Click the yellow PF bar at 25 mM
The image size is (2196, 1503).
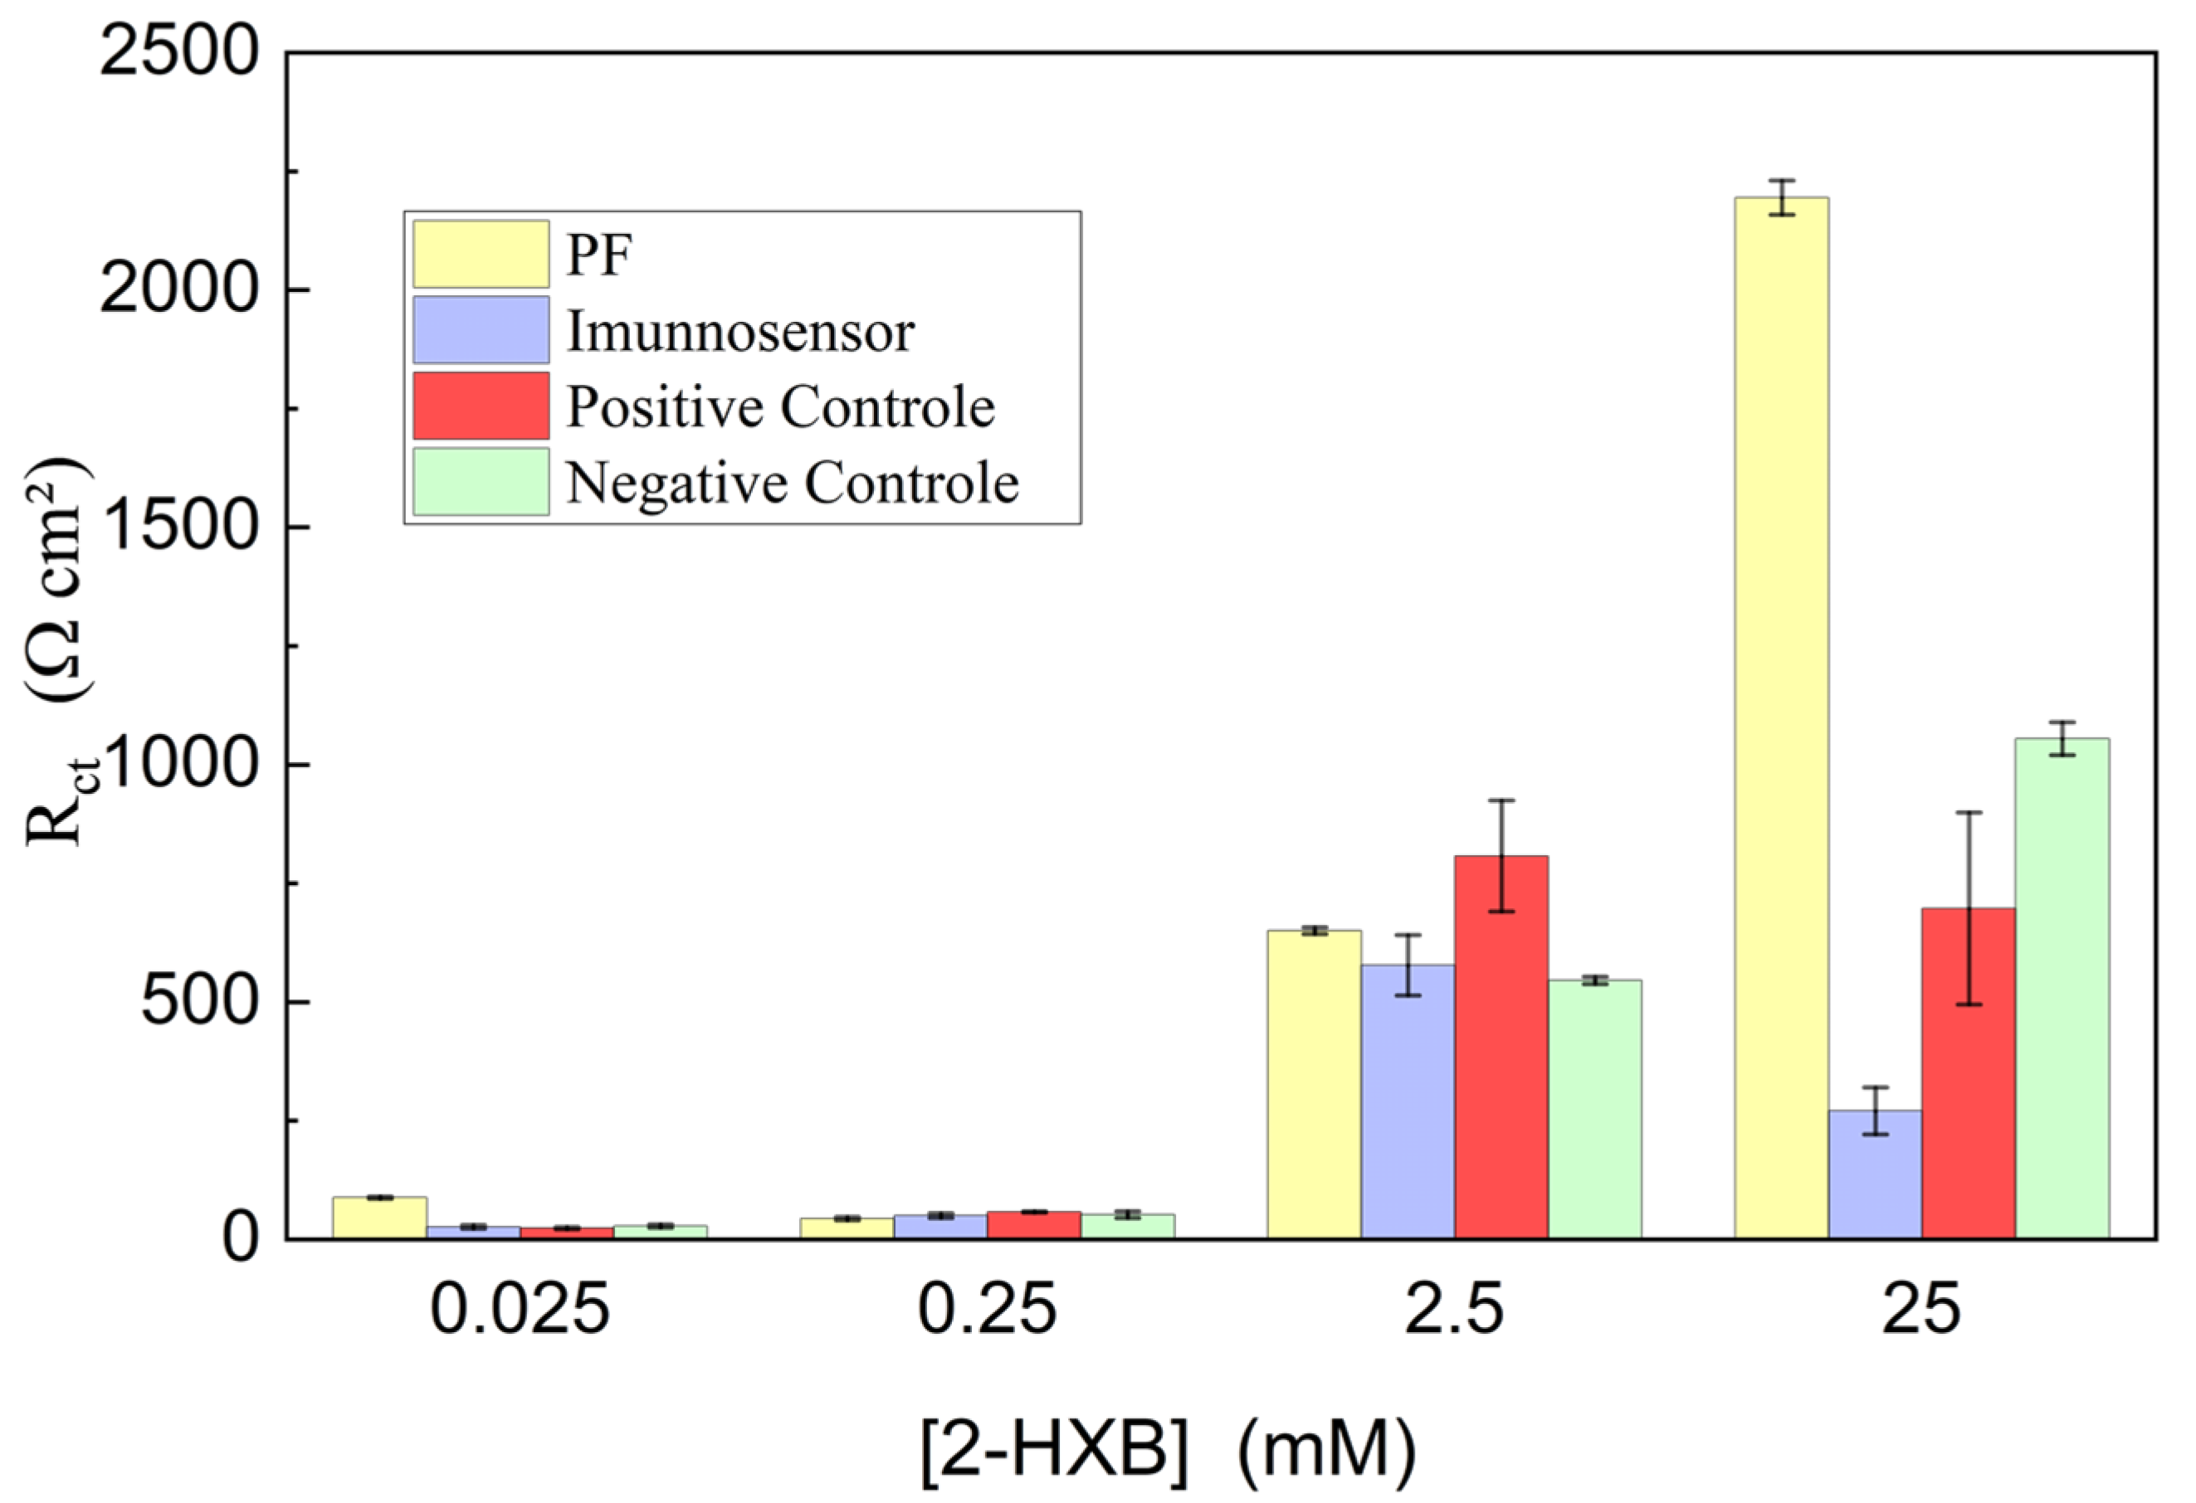click(x=1781, y=718)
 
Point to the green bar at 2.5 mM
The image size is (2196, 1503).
click(x=1594, y=1109)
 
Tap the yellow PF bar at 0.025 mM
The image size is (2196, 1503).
click(x=379, y=1218)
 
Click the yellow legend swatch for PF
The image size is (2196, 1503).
click(x=480, y=254)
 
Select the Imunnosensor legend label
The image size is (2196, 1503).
click(x=739, y=332)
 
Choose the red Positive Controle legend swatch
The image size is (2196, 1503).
click(x=480, y=406)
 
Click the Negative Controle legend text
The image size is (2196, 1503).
click(x=792, y=483)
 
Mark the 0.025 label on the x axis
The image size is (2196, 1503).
click(x=520, y=1311)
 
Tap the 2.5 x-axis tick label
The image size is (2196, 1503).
click(x=1453, y=1311)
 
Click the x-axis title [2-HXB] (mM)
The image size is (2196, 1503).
click(x=1168, y=1450)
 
